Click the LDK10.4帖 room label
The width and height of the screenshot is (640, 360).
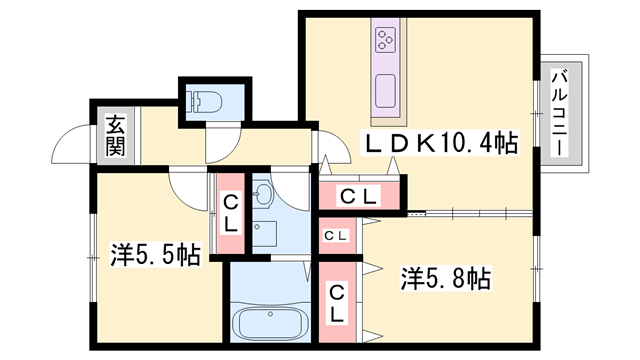pos(440,142)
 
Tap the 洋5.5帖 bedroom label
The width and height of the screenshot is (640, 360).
pos(156,255)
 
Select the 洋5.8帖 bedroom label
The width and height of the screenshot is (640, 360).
pos(446,278)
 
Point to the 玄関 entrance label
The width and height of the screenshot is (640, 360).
pos(116,136)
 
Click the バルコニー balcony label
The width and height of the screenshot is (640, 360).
pos(560,113)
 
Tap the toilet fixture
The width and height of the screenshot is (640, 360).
pos(204,101)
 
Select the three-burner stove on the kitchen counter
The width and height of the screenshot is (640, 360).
pos(386,40)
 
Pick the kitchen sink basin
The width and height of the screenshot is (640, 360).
pos(385,91)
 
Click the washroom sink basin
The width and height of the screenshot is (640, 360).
pos(264,193)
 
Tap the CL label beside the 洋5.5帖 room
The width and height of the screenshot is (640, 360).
pos(231,214)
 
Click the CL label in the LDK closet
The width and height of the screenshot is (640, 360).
pos(358,197)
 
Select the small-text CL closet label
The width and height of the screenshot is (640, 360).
pos(336,236)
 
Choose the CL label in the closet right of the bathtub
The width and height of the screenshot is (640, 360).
pos(337,302)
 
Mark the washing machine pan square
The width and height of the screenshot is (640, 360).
pos(264,233)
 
